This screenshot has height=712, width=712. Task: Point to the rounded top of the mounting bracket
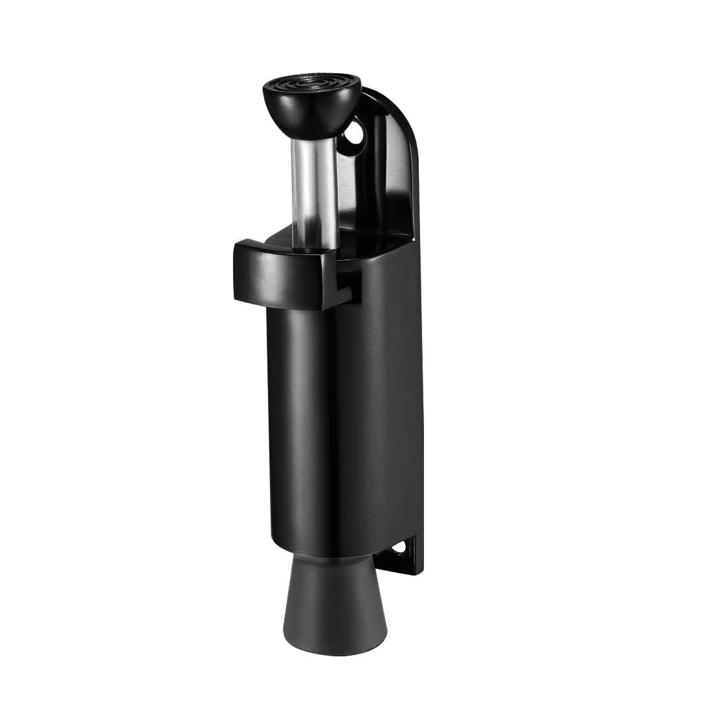click(395, 104)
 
